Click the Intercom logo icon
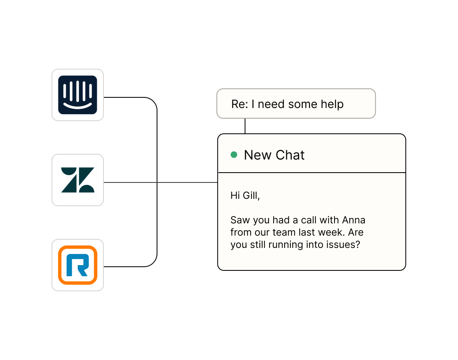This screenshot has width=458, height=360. coord(78,95)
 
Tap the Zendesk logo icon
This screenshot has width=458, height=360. coord(78,180)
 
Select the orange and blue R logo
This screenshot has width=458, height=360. coord(78,265)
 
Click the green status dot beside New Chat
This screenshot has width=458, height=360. coord(234,155)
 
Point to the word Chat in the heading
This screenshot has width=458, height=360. coord(290,155)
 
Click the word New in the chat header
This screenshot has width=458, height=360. coord(258,155)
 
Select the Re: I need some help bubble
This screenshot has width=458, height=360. coord(296,104)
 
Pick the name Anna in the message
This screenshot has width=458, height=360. coord(354,220)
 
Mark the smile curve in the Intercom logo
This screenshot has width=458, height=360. coord(78,106)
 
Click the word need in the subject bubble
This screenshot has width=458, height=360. coord(272,104)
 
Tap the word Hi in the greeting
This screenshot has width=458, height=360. coord(235,196)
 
